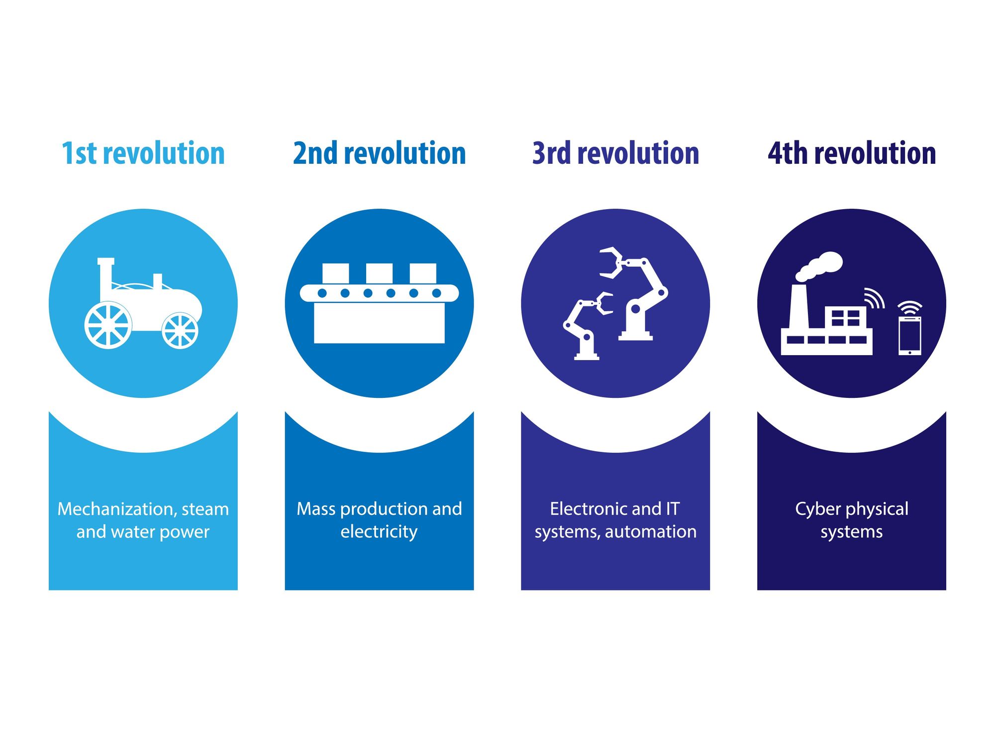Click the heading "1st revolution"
click(x=143, y=153)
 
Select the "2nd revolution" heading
click(x=379, y=153)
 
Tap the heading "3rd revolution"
click(x=615, y=153)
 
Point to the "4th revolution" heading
click(x=852, y=153)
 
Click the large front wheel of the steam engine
click(x=108, y=325)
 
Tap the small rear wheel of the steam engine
click(x=180, y=330)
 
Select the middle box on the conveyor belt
click(x=379, y=273)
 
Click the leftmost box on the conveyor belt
click(x=335, y=273)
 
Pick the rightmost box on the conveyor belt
click(x=423, y=273)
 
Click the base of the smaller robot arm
click(x=587, y=356)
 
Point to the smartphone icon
click(x=909, y=336)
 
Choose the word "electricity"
click(x=379, y=532)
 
